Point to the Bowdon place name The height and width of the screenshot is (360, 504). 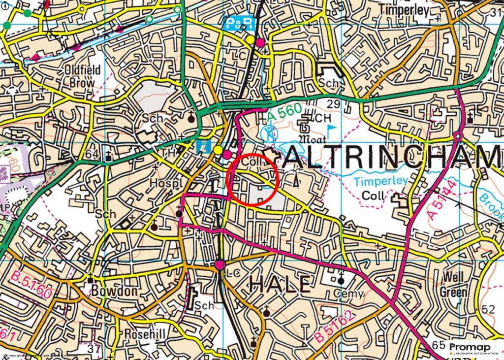(114, 291)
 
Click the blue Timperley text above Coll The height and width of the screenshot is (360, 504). (381, 181)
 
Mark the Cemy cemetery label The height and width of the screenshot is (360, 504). (348, 294)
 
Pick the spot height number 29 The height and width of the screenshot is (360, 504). (333, 104)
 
